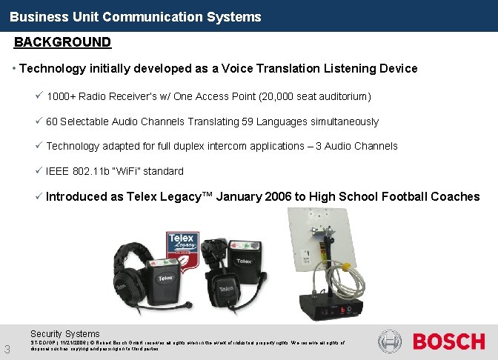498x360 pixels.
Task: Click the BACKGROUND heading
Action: click(62, 42)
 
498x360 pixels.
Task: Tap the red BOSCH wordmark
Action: click(448, 341)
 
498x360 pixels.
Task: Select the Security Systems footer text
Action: click(64, 334)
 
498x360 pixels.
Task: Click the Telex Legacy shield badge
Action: click(182, 242)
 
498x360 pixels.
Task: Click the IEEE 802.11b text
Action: click(78, 171)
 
